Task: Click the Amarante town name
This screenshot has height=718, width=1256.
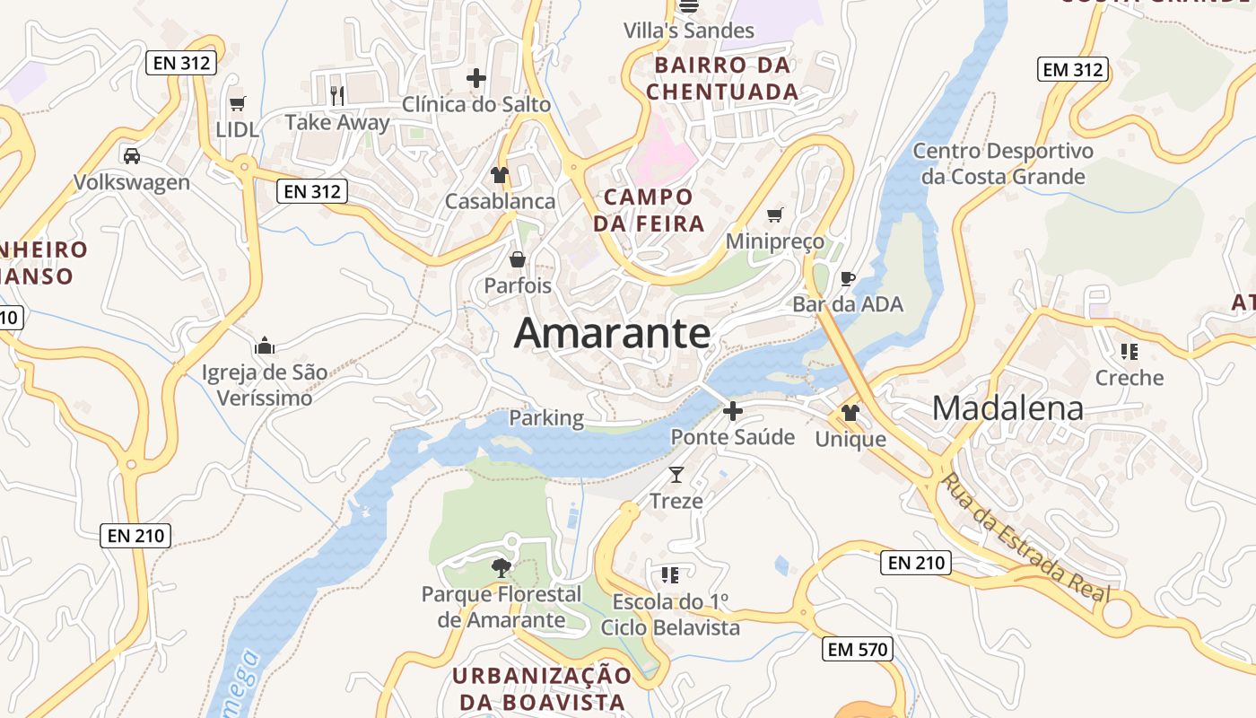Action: pos(612,334)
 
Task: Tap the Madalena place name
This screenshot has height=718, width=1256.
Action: pos(1007,408)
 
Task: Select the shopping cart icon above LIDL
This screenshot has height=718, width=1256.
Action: pos(237,103)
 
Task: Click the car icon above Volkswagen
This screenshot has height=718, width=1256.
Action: pos(132,155)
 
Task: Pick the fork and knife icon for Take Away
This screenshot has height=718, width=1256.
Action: pos(337,95)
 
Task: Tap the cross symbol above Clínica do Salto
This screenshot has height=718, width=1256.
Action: pos(475,78)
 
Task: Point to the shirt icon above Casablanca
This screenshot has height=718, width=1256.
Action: pos(500,174)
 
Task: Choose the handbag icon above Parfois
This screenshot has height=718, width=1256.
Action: pos(518,259)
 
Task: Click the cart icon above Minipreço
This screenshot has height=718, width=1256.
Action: pos(775,215)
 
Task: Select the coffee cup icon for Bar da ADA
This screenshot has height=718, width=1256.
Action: pos(847,278)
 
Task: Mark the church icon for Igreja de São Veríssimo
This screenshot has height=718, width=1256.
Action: pos(265,346)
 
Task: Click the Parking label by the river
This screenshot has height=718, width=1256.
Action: pos(546,418)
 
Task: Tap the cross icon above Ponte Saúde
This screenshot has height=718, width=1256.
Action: pos(733,411)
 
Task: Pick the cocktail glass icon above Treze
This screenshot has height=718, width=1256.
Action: pos(676,474)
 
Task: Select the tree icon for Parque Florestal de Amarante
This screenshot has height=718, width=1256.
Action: pos(501,566)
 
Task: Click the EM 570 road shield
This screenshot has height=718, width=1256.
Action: pos(858,649)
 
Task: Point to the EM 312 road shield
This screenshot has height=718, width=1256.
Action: pos(1073,69)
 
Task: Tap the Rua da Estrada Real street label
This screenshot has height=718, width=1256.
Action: pos(1025,538)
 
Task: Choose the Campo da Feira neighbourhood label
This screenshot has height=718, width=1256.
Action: pos(649,210)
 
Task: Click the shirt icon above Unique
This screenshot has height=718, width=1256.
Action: pos(850,413)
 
